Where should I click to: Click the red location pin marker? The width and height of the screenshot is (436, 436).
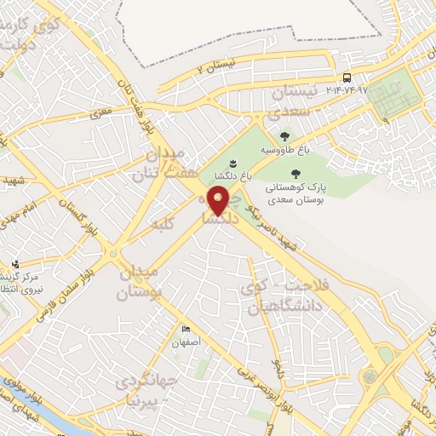(220, 200)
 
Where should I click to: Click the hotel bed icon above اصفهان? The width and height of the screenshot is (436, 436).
(186, 330)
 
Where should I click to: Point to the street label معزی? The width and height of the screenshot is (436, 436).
(102, 111)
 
